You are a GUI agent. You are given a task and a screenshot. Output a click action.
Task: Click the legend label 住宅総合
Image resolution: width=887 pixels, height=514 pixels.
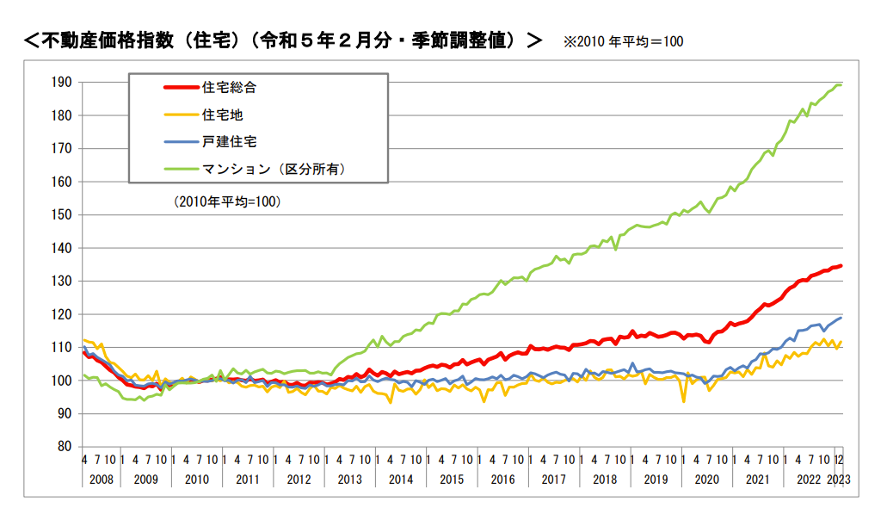click(229, 87)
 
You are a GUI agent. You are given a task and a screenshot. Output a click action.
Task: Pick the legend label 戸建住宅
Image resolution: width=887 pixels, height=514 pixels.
click(229, 141)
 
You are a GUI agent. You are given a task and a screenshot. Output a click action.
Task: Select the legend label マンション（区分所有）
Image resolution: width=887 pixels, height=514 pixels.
click(274, 169)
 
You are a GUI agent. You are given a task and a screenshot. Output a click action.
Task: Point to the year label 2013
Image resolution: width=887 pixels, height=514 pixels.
click(350, 480)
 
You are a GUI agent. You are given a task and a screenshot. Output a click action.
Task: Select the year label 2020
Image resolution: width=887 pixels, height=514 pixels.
click(706, 480)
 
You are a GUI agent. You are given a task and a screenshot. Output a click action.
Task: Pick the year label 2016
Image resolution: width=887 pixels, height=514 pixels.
click(502, 480)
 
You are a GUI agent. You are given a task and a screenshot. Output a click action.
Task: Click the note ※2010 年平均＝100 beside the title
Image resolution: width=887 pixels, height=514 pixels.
click(623, 41)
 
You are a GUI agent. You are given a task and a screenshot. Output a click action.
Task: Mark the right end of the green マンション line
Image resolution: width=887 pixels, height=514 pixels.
click(841, 84)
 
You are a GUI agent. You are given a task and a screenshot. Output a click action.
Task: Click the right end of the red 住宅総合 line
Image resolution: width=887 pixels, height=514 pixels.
click(841, 266)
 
